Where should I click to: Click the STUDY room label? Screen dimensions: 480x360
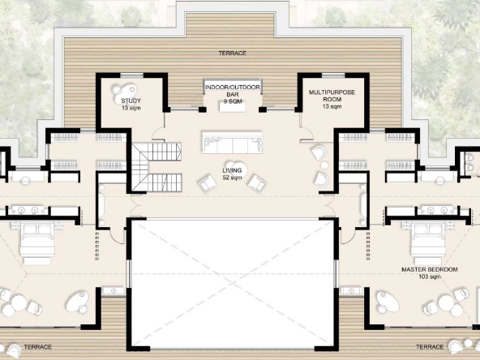tap(131, 101)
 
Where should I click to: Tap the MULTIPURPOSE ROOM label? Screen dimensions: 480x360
tap(332, 96)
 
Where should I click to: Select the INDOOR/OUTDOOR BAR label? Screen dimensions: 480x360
tap(233, 91)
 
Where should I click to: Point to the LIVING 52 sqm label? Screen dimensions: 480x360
tap(233, 174)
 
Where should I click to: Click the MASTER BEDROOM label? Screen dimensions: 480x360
tap(430, 269)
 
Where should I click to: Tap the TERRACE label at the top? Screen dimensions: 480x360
tap(233, 54)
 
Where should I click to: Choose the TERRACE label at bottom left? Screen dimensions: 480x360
tap(38, 347)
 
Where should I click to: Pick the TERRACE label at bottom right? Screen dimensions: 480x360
tap(430, 347)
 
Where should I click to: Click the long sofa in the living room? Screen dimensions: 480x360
tap(233, 143)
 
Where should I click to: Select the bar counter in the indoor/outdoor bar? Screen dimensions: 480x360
tap(233, 107)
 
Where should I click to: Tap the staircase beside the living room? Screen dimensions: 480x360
tap(156, 167)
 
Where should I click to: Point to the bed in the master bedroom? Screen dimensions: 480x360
tap(428, 242)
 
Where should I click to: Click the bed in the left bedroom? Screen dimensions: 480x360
tap(37, 242)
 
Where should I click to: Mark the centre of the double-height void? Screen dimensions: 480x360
tap(233, 283)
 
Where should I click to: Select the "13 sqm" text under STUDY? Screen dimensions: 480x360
tap(131, 108)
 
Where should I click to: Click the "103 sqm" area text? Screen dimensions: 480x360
tap(430, 276)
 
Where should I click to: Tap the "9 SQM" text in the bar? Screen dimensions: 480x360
tap(233, 101)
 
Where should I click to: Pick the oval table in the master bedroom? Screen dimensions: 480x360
tap(388, 302)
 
